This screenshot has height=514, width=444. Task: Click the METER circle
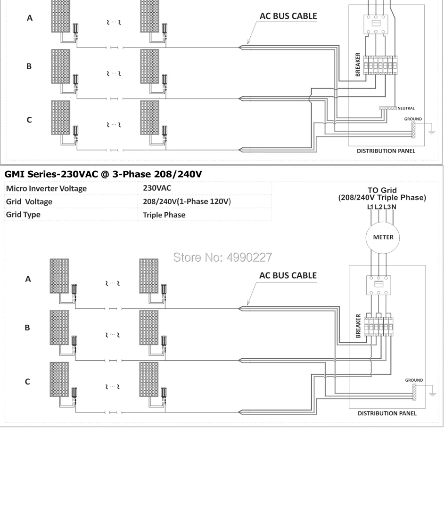383,237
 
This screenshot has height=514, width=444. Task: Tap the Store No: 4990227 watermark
223,257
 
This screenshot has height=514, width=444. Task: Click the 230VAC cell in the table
157,188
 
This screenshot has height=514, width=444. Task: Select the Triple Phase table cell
164,215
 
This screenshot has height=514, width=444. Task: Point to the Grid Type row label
23,215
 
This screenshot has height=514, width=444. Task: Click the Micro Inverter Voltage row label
46,189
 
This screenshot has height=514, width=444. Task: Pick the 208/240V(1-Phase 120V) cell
186,201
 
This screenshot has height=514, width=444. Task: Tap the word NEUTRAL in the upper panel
406,108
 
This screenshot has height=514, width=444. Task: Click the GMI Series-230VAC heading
103,174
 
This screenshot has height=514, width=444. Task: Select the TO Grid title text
382,191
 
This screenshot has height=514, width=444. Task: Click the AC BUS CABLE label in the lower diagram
288,275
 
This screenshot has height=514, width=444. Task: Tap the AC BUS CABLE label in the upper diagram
288,16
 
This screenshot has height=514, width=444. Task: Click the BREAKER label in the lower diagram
358,326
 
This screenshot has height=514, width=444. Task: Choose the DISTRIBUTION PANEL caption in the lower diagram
386,413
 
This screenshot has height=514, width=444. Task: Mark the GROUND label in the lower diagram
414,380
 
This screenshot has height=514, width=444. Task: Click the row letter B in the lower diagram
28,328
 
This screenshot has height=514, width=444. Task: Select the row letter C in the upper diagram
29,120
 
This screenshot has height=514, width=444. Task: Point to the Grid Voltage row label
29,201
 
